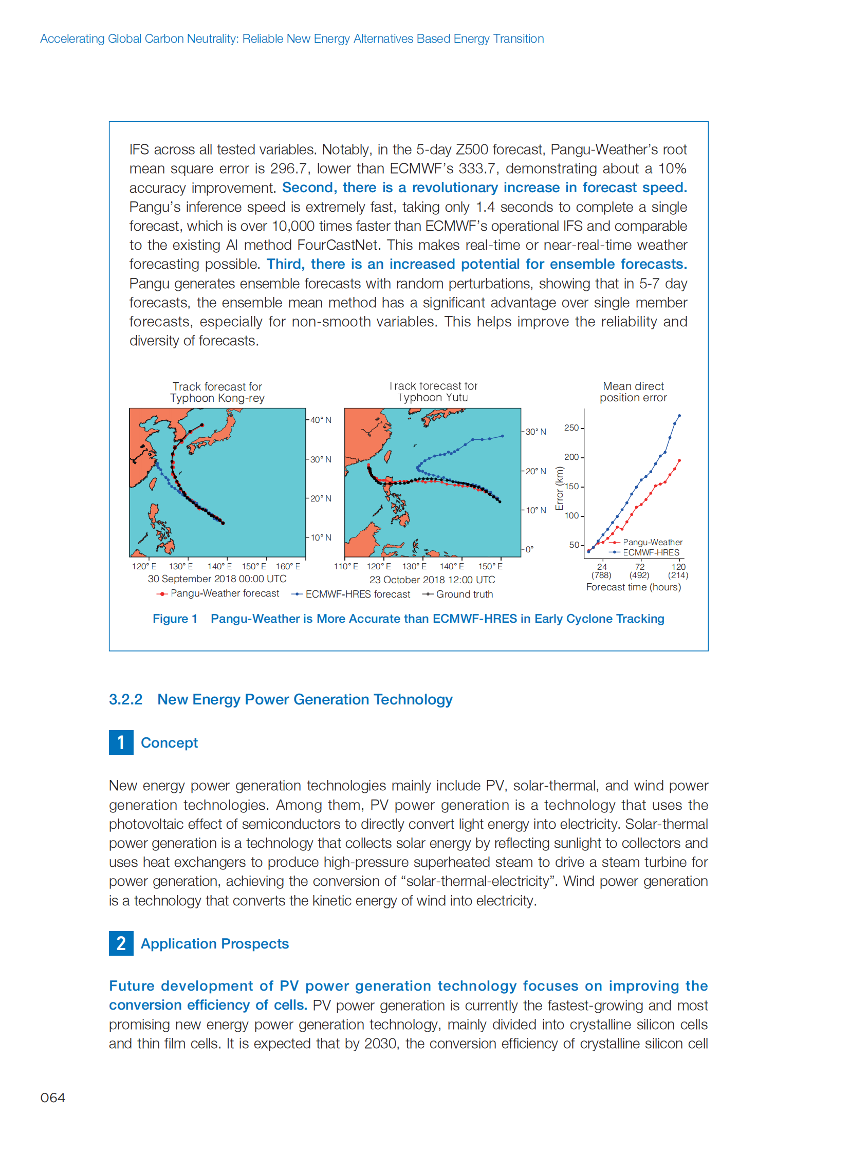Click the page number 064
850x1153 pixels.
pos(52,1098)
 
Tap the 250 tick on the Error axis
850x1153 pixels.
pos(572,428)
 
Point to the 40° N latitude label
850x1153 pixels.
pos(321,420)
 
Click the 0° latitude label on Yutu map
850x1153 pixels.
pos(529,549)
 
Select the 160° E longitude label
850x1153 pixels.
pos(288,566)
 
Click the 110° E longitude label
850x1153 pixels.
pos(346,566)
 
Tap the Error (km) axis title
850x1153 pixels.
pos(559,488)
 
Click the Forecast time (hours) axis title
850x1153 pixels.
pos(633,587)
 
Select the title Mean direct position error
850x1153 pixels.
pos(633,392)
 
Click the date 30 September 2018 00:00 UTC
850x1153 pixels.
pos(217,579)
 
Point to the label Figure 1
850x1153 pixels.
pos(175,619)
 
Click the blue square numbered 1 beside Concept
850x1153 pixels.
pos(121,742)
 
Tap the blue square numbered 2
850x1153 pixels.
pos(121,943)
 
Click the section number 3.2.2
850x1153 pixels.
pos(125,699)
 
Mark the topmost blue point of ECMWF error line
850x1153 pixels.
pos(679,415)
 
